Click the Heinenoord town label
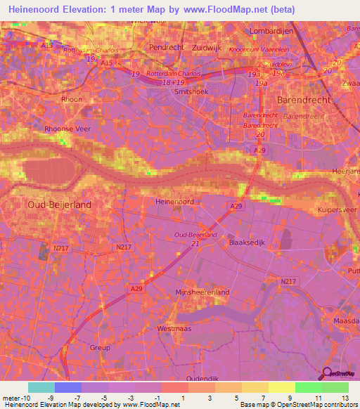173,201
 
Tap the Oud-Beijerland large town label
60,204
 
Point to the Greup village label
101,347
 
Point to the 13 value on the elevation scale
345,398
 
